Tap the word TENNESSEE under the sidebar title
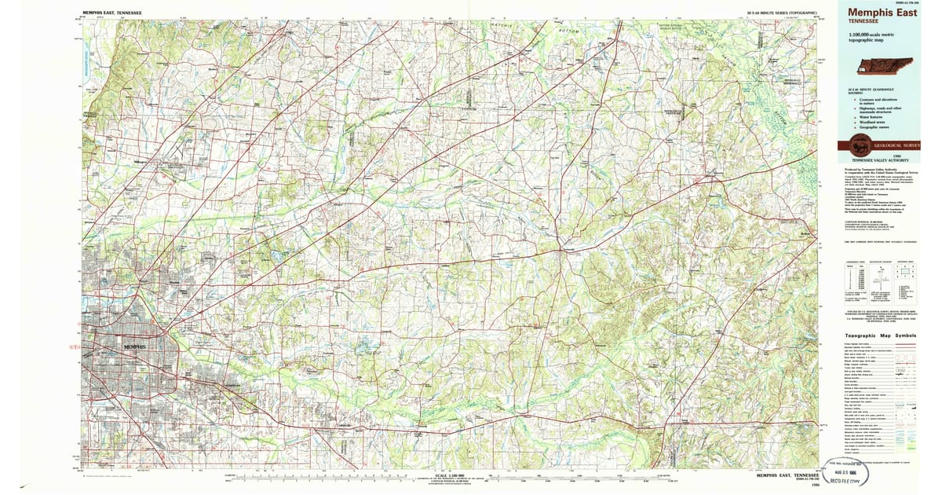click(863, 22)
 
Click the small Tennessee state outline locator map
click(883, 68)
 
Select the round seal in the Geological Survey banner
click(860, 146)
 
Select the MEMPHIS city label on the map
click(135, 346)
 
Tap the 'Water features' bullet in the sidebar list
click(874, 116)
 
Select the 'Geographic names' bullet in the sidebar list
click(876, 127)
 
